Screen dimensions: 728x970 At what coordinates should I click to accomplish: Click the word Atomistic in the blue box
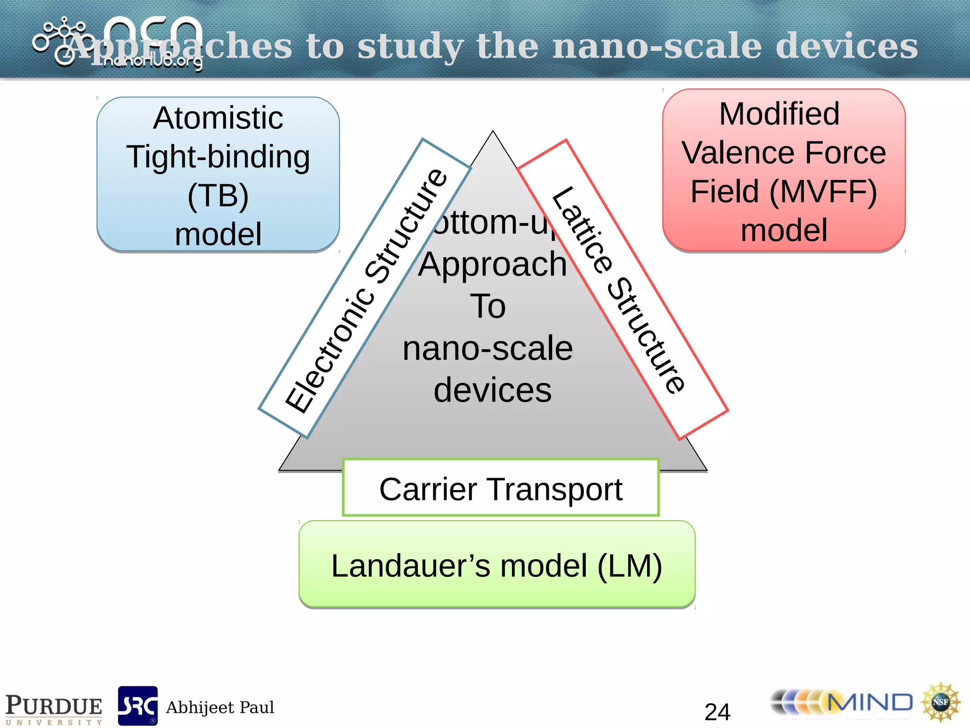[x=218, y=118]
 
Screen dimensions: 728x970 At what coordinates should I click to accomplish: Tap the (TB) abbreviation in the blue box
[x=218, y=196]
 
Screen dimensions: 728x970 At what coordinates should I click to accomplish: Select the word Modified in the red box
[x=779, y=114]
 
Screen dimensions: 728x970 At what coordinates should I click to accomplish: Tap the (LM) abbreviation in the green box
[x=629, y=566]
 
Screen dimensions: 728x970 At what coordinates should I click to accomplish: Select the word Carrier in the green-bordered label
[x=428, y=489]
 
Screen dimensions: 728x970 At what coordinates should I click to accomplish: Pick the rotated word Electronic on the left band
[x=329, y=351]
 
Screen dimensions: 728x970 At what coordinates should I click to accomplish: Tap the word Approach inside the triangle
[x=493, y=264]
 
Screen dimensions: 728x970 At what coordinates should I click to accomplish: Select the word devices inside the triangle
[x=493, y=390]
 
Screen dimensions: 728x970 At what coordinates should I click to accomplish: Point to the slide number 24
[x=717, y=711]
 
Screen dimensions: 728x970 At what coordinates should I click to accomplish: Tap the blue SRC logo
[x=137, y=706]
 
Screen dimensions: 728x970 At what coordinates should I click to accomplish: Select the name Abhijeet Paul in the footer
[x=220, y=707]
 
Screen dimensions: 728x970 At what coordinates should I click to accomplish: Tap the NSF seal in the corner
[x=940, y=702]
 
